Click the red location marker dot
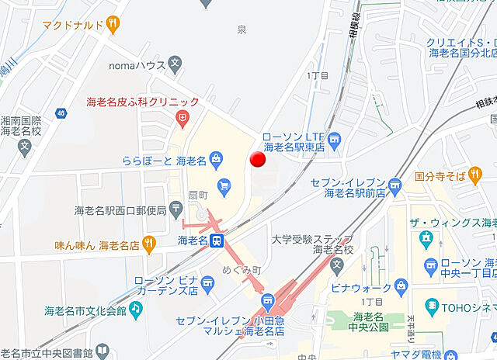(x=258, y=159)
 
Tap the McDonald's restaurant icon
(x=113, y=25)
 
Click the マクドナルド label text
(x=73, y=26)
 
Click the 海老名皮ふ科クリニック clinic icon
(x=182, y=117)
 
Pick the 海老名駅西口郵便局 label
(x=120, y=210)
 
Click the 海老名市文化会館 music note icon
(x=136, y=310)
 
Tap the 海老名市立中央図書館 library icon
(x=102, y=353)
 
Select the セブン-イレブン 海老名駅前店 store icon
(x=395, y=185)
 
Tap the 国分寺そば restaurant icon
(x=475, y=177)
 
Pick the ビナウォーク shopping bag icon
(x=401, y=286)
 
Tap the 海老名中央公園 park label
(x=370, y=322)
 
